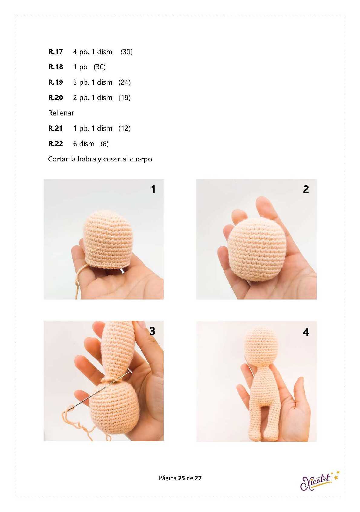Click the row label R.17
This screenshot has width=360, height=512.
pyautogui.click(x=55, y=52)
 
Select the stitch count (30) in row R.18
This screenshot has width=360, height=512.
pyautogui.click(x=100, y=67)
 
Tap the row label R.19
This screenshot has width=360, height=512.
pyautogui.click(x=55, y=82)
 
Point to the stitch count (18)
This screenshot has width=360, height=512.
pyautogui.click(x=124, y=98)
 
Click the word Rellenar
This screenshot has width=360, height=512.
pyautogui.click(x=61, y=113)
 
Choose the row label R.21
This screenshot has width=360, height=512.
pyautogui.click(x=55, y=128)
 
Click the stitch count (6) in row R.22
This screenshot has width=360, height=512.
pyautogui.click(x=105, y=144)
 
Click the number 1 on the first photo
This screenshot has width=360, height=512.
pyautogui.click(x=153, y=189)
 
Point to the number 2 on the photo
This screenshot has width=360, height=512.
pyautogui.click(x=306, y=189)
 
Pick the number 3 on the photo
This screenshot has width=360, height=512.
pyautogui.click(x=152, y=331)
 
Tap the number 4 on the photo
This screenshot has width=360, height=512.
pyautogui.click(x=306, y=332)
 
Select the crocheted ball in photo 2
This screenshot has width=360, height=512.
pyautogui.click(x=254, y=249)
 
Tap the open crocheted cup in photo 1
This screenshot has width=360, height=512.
pyautogui.click(x=107, y=239)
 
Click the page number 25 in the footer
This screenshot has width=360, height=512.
pyautogui.click(x=182, y=478)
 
